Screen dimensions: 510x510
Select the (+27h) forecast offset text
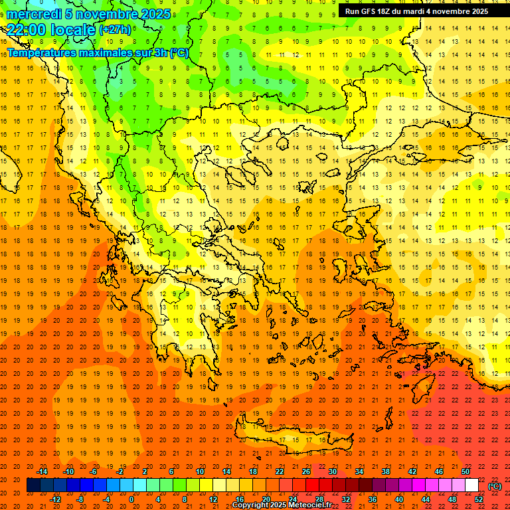click(115, 30)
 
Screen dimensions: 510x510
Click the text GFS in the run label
click(369, 11)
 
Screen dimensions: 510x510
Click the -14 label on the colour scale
click(42, 471)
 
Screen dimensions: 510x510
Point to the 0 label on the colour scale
click(131, 499)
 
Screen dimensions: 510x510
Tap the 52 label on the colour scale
click(479, 499)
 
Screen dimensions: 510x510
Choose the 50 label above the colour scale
click(465, 471)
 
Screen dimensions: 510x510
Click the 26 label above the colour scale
click(306, 471)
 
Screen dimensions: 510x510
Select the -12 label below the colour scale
click(55, 499)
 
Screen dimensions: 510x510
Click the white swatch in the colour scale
click(471, 485)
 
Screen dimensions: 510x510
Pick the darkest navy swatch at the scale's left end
click(33, 485)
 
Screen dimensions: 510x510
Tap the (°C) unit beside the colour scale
click(495, 486)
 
